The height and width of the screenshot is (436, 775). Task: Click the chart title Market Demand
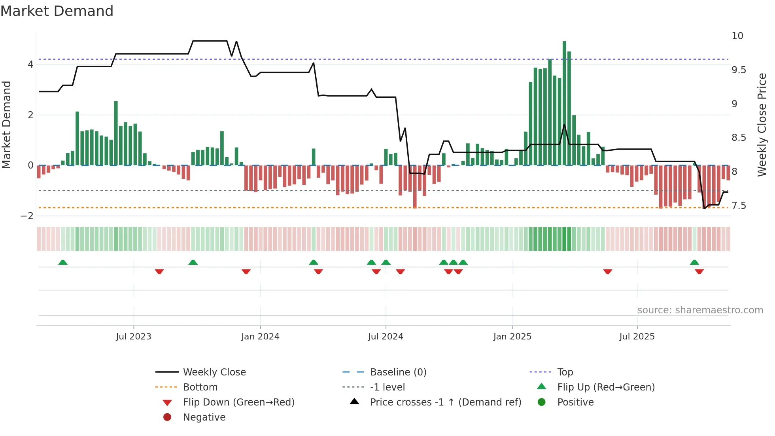pyautogui.click(x=57, y=11)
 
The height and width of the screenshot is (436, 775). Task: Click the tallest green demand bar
pyautogui.click(x=564, y=103)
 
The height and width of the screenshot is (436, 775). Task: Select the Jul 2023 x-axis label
pyautogui.click(x=134, y=337)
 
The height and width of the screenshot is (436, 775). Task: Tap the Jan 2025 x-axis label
pyautogui.click(x=512, y=337)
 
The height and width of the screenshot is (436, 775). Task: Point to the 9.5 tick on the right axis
pyautogui.click(x=739, y=70)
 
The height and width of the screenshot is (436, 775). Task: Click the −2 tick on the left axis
pyautogui.click(x=27, y=216)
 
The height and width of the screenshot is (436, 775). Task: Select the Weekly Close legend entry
pyautogui.click(x=214, y=372)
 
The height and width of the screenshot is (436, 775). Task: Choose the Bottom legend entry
pyautogui.click(x=200, y=387)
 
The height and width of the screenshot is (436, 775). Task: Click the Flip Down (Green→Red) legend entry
pyautogui.click(x=238, y=402)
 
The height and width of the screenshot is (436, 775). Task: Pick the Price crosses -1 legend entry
pyautogui.click(x=445, y=402)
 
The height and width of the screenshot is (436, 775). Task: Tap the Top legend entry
pyautogui.click(x=565, y=372)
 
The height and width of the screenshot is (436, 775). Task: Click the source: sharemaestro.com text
pyautogui.click(x=700, y=310)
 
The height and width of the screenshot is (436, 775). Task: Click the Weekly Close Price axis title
pyautogui.click(x=762, y=125)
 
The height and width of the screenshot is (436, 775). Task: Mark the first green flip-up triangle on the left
pyautogui.click(x=63, y=262)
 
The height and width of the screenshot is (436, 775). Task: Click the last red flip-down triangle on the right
pyautogui.click(x=699, y=271)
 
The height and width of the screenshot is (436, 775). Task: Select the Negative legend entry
pyautogui.click(x=204, y=417)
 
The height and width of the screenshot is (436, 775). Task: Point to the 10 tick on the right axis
pyautogui.click(x=737, y=36)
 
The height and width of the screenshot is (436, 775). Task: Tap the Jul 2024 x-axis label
pyautogui.click(x=386, y=337)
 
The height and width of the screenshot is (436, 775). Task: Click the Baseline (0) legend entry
pyautogui.click(x=398, y=372)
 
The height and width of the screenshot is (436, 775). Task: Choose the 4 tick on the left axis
pyautogui.click(x=30, y=64)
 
